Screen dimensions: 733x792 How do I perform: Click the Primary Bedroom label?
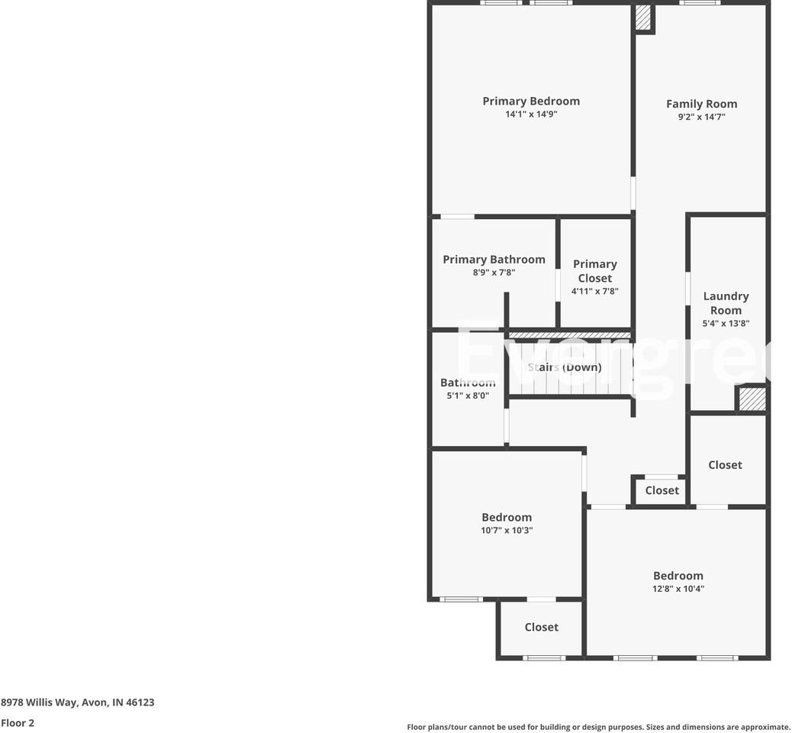(x=531, y=101)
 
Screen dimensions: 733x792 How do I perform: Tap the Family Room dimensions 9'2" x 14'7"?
(x=701, y=117)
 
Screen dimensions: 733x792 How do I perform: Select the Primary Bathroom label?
(x=494, y=260)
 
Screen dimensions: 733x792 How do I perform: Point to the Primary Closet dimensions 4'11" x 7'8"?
(x=594, y=291)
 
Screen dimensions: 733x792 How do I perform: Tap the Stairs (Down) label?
(x=565, y=367)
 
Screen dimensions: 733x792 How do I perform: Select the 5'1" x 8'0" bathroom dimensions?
(x=468, y=396)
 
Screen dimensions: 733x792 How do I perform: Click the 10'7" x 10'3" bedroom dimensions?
(x=507, y=530)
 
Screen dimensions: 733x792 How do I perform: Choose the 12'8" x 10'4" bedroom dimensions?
(x=678, y=589)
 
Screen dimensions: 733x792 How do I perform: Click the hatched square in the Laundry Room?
(x=752, y=399)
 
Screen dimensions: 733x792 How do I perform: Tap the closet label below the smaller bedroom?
(x=541, y=627)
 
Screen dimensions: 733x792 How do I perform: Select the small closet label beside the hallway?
(x=662, y=491)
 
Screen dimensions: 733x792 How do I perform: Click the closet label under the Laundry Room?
(x=725, y=465)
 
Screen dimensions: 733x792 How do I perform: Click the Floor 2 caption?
(x=18, y=723)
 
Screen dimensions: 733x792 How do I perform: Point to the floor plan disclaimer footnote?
(x=598, y=727)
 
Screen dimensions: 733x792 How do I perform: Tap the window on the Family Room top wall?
(x=700, y=3)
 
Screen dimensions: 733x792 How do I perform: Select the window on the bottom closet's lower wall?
(x=544, y=657)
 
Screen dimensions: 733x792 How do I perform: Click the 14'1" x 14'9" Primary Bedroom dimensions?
(x=531, y=115)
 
